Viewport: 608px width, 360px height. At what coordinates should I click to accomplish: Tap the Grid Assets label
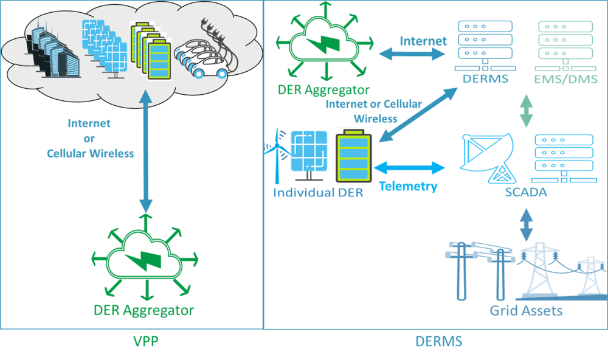click(x=526, y=311)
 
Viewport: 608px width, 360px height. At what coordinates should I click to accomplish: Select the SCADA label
click(x=526, y=193)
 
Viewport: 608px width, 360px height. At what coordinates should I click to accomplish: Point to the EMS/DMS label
click(x=566, y=79)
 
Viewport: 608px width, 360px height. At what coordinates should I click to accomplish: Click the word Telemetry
click(x=408, y=186)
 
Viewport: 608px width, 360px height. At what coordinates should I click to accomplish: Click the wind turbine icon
click(x=275, y=154)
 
